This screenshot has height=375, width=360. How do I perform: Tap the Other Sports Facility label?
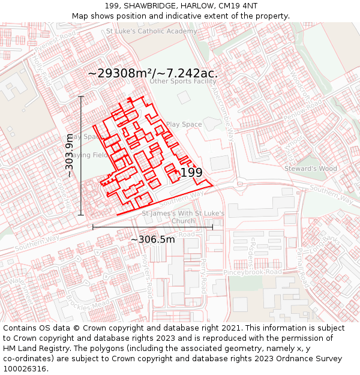(x=183, y=81)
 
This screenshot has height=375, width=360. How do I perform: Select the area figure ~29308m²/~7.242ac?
(x=152, y=73)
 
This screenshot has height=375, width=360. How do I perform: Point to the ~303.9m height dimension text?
(x=70, y=155)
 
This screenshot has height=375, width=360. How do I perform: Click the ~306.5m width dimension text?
(x=152, y=239)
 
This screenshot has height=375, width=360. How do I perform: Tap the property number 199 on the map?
(x=191, y=172)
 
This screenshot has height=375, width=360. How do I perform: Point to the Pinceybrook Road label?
(x=253, y=272)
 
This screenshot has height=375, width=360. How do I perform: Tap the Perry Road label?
(x=203, y=272)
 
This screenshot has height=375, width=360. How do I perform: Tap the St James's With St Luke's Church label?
(x=183, y=217)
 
